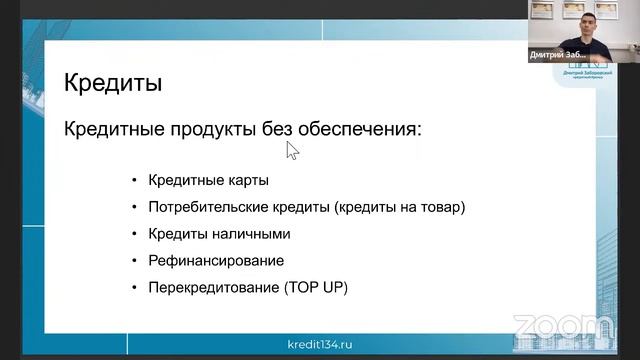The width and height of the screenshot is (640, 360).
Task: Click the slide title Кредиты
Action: (113, 82)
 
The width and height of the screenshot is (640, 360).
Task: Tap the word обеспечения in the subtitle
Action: (358, 130)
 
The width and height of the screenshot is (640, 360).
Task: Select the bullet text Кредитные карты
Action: (209, 181)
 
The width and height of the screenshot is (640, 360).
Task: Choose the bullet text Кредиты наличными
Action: (219, 234)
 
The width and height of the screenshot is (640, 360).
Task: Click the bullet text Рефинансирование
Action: (216, 261)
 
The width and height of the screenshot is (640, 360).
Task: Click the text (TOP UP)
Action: (316, 288)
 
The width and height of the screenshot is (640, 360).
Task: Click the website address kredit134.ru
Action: (320, 344)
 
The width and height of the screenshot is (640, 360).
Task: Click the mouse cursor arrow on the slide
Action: (292, 150)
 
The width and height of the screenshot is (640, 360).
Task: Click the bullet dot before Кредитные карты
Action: (134, 181)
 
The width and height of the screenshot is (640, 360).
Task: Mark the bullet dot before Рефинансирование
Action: (134, 261)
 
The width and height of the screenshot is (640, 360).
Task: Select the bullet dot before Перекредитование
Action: (134, 288)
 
